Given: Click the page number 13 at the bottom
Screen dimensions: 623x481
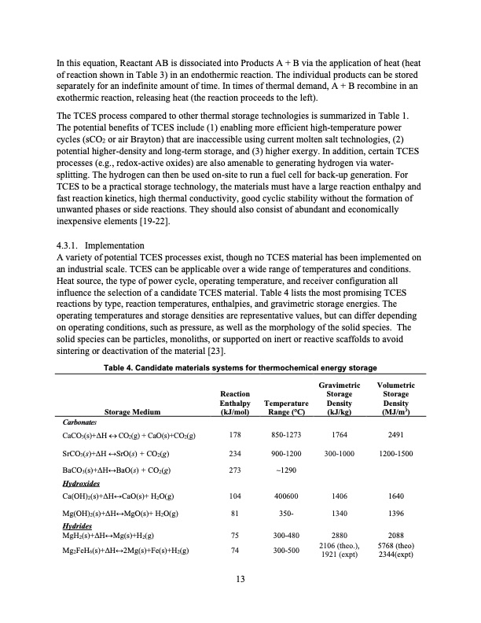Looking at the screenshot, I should tap(240, 581).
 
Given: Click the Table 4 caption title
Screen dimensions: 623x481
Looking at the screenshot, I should tap(240, 368).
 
